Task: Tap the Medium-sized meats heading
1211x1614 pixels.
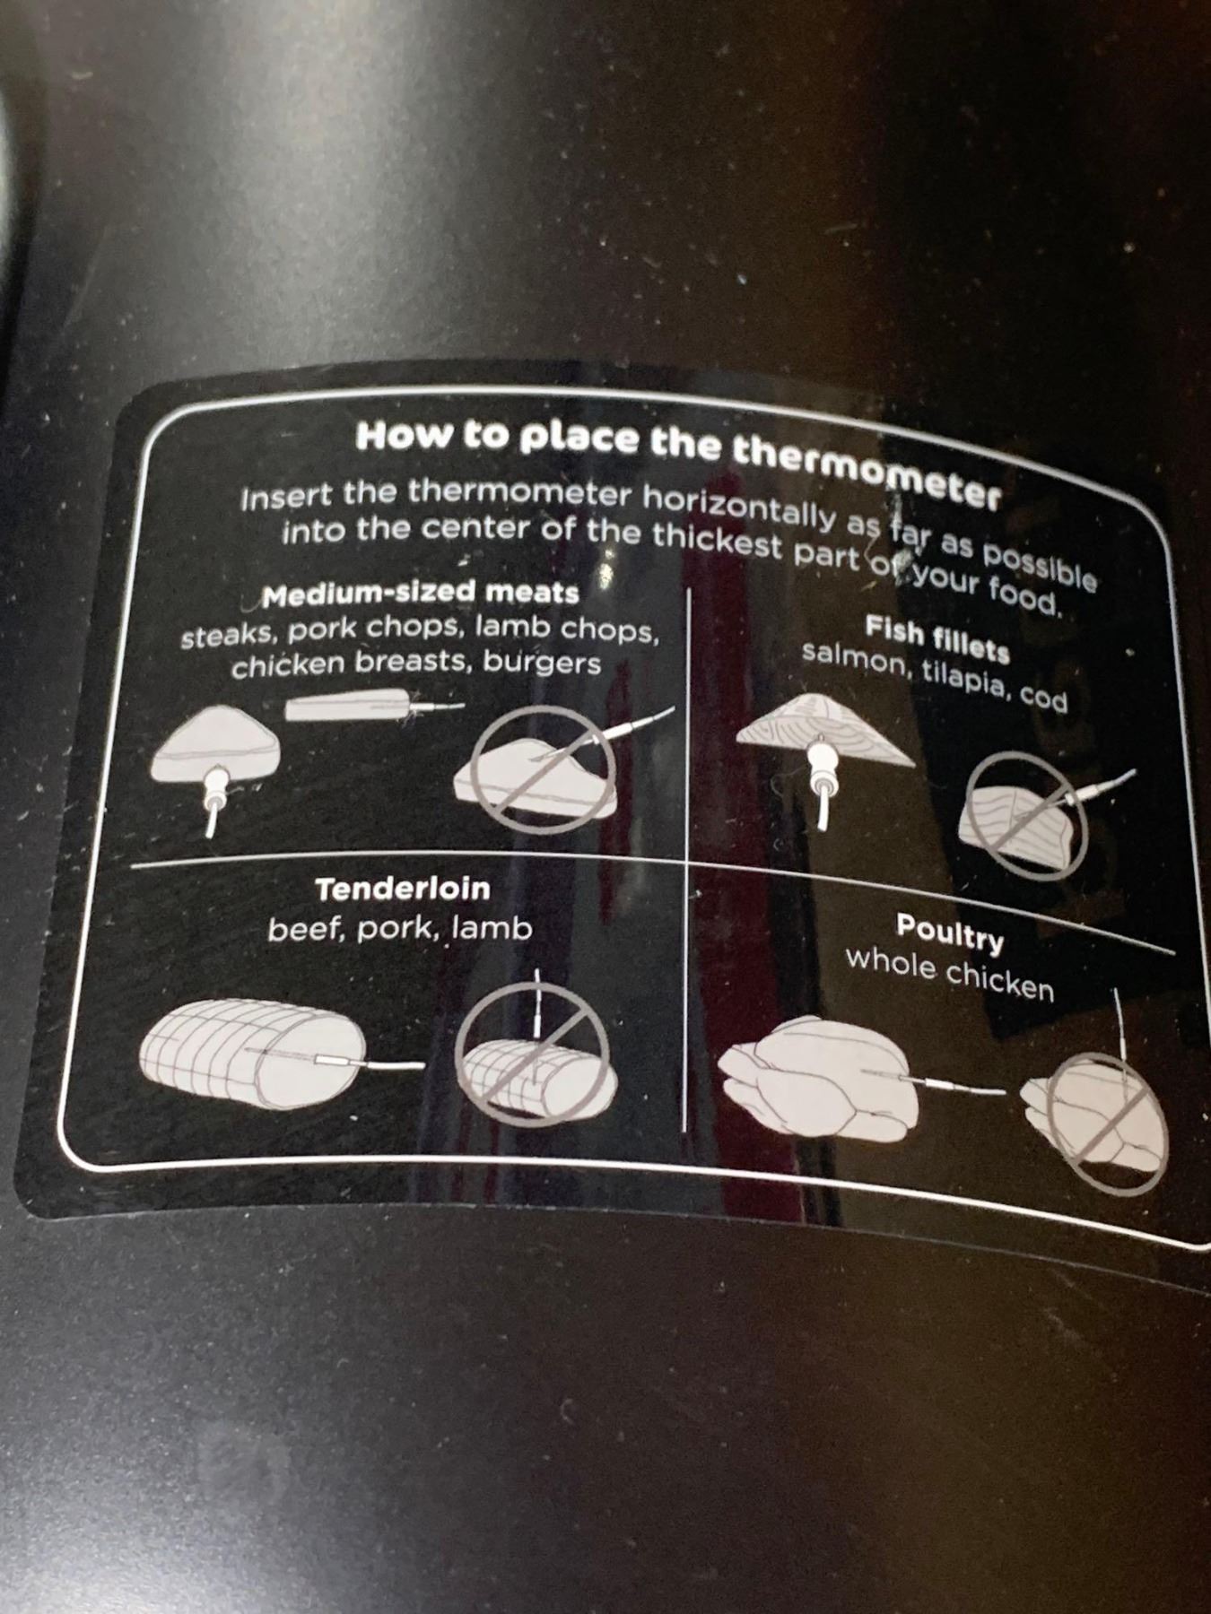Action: click(x=421, y=594)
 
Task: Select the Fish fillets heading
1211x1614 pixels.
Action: click(x=937, y=639)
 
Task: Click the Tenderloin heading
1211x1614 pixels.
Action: click(x=403, y=889)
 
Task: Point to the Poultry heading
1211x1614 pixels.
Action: click(x=950, y=933)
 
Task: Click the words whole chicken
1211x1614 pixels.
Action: click(x=949, y=972)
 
